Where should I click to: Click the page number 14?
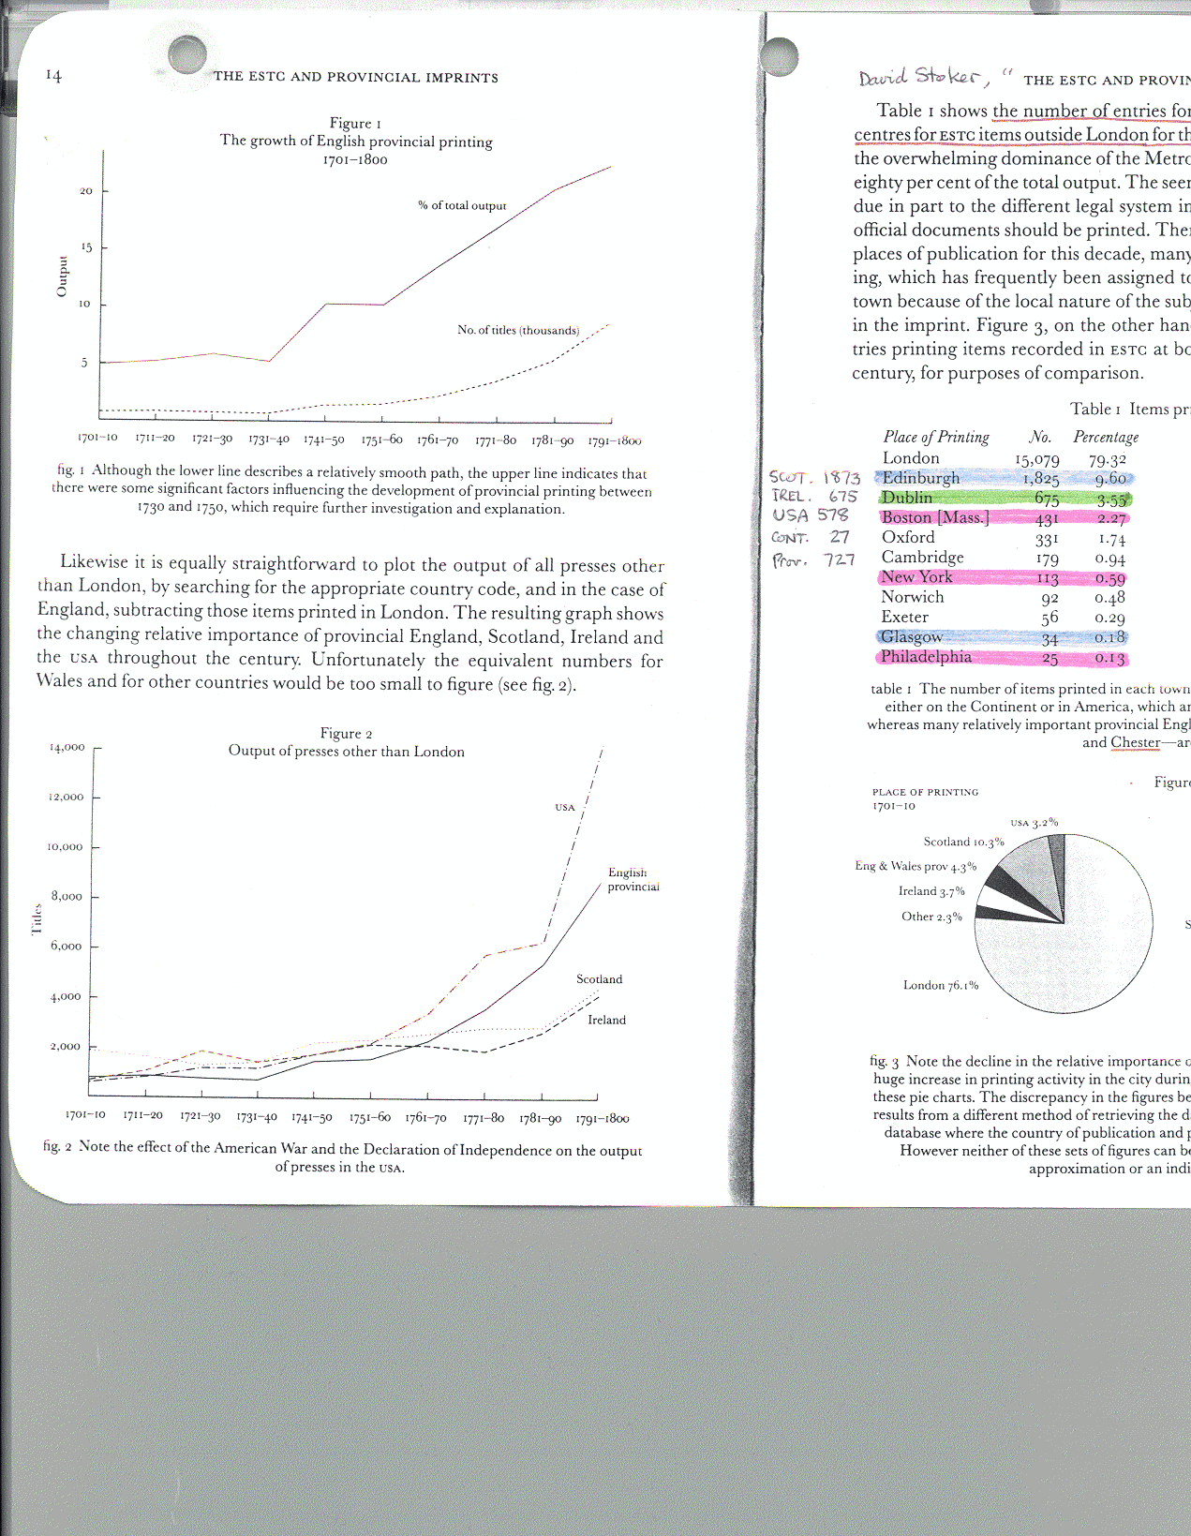[x=53, y=76]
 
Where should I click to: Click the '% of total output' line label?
[x=462, y=205]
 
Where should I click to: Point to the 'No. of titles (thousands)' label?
[x=517, y=330]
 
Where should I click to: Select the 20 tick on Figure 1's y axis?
[x=85, y=191]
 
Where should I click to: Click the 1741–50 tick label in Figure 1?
[x=323, y=440]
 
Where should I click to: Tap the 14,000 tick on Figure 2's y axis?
[x=67, y=748]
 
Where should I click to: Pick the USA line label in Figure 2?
[x=564, y=807]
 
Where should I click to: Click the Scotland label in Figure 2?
[x=599, y=979]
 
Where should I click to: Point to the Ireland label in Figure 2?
[x=606, y=1020]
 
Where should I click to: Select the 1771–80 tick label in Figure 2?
[x=484, y=1118]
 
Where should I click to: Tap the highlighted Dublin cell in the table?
[x=906, y=498]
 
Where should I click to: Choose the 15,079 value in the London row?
[x=1036, y=459]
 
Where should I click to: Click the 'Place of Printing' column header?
[x=935, y=437]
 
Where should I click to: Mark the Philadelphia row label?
[x=925, y=657]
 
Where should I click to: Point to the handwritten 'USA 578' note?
[x=810, y=515]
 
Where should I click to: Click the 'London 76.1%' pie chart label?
[x=940, y=985]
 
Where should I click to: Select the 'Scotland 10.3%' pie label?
[x=963, y=842]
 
